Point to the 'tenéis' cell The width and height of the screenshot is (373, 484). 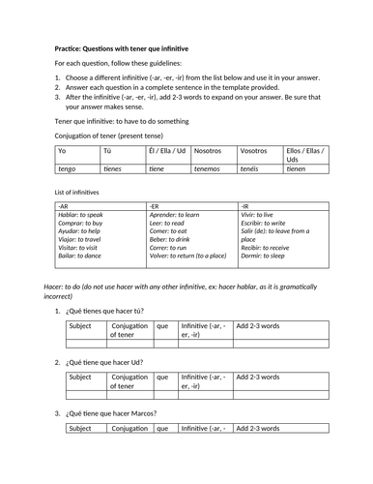pos(252,166)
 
